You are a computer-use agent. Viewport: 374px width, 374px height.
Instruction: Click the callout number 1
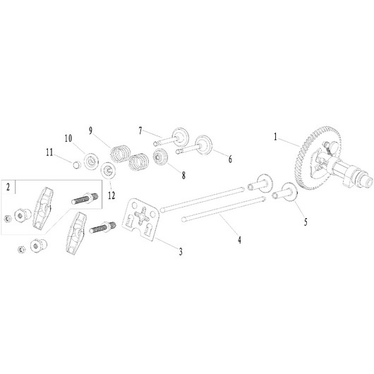(x=275, y=137)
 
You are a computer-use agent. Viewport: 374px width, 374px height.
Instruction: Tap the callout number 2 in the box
(x=8, y=187)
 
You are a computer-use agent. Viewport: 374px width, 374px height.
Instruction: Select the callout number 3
(x=181, y=251)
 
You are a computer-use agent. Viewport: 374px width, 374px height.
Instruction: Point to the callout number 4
(x=239, y=239)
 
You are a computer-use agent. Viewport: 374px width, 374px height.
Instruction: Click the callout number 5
(x=306, y=222)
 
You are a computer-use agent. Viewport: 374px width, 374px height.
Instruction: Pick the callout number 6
(x=230, y=159)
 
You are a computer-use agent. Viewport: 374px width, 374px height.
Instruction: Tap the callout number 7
(x=140, y=131)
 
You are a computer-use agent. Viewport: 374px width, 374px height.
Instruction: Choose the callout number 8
(x=183, y=176)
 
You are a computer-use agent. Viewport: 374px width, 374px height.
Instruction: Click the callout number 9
(x=90, y=131)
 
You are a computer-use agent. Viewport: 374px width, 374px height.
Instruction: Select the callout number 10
(x=68, y=138)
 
